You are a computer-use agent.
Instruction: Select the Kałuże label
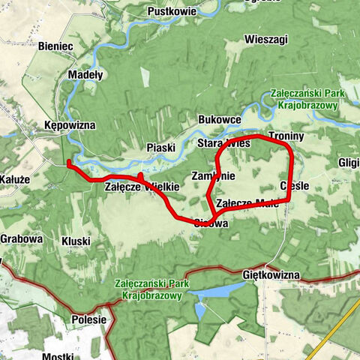[x=14, y=180]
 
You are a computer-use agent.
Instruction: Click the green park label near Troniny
[x=304, y=100]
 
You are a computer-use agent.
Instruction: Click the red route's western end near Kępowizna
[x=68, y=162]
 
